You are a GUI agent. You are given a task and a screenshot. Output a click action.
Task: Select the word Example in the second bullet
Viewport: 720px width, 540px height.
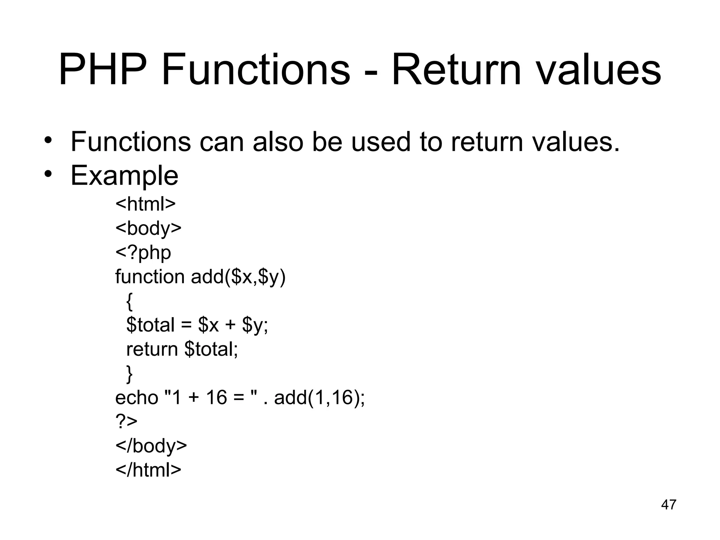pos(124,175)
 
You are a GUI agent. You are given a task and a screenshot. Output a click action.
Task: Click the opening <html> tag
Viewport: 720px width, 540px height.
pos(145,204)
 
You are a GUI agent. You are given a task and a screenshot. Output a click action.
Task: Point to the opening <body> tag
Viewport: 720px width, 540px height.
pos(148,228)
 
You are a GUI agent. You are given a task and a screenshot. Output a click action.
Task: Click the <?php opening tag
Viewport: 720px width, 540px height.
pos(143,252)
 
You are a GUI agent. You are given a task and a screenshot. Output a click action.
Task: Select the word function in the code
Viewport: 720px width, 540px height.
pos(150,276)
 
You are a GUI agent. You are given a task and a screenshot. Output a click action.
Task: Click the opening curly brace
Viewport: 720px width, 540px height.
pos(129,301)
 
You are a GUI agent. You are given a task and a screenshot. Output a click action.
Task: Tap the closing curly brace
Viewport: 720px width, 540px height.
pos(129,373)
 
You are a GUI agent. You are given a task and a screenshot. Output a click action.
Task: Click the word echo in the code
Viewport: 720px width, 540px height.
pos(137,398)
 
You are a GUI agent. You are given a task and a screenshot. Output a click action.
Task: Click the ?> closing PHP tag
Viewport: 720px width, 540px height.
pos(126,422)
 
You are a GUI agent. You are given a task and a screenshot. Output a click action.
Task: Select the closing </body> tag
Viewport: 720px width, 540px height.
pos(151,446)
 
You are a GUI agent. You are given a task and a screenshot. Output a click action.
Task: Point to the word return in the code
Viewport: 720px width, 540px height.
pos(152,349)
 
